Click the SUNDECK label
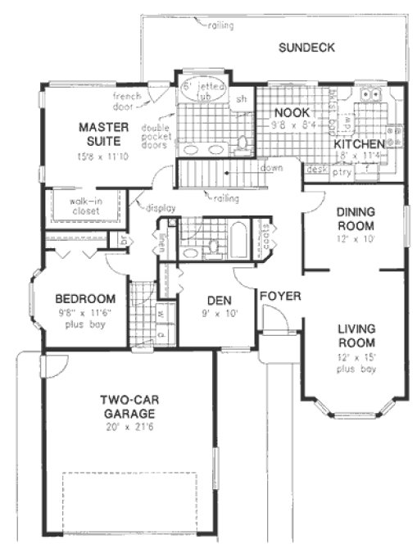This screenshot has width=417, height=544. point(306,48)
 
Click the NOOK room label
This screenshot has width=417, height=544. point(289,113)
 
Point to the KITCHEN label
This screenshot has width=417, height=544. point(358,145)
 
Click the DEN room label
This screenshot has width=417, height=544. point(216,299)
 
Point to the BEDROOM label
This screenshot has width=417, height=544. point(85,299)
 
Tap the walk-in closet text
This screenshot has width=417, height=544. point(84,205)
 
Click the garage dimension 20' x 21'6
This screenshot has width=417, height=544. point(129,427)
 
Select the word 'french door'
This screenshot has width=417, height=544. point(127,101)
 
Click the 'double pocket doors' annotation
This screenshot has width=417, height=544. point(156,137)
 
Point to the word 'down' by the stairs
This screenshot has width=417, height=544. point(272,168)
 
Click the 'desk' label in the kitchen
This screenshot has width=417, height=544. point(315,170)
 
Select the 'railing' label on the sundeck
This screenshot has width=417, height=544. point(220,25)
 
